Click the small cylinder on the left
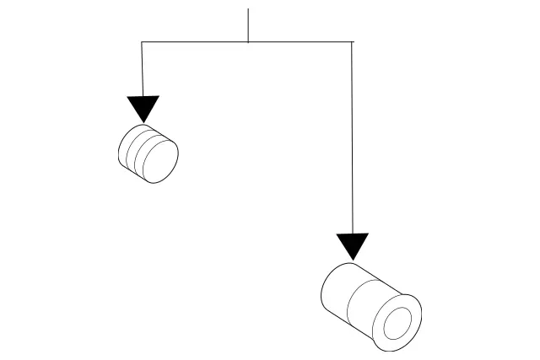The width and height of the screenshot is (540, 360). tap(148, 153)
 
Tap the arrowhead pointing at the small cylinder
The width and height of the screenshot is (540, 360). tap(143, 109)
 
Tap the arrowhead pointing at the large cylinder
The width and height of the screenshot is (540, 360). tap(353, 245)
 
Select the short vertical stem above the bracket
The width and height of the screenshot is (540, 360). tap(248, 25)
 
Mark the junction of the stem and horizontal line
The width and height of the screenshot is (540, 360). tap(248, 41)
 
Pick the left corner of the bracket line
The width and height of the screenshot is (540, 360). tap(142, 41)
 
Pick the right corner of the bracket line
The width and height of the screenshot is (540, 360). tap(352, 41)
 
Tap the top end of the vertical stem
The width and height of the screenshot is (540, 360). tap(248, 10)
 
